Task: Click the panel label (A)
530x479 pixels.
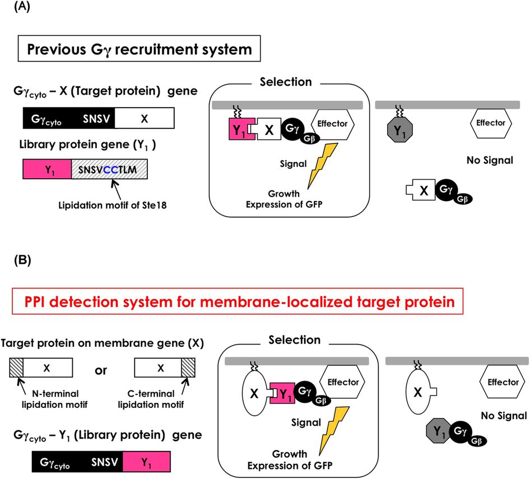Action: point(13,10)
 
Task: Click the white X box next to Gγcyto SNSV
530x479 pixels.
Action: point(145,119)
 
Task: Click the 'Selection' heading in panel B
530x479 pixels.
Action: point(294,340)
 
